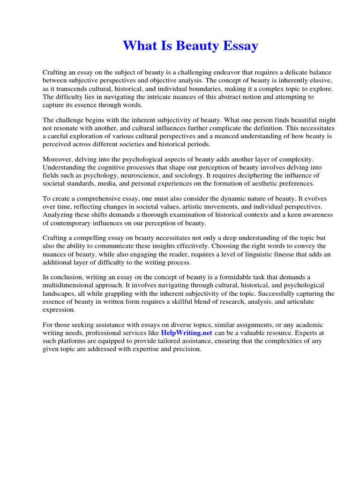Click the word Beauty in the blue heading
[191, 46]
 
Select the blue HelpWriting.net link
[187, 333]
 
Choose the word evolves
[321, 199]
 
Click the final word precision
[186, 349]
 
